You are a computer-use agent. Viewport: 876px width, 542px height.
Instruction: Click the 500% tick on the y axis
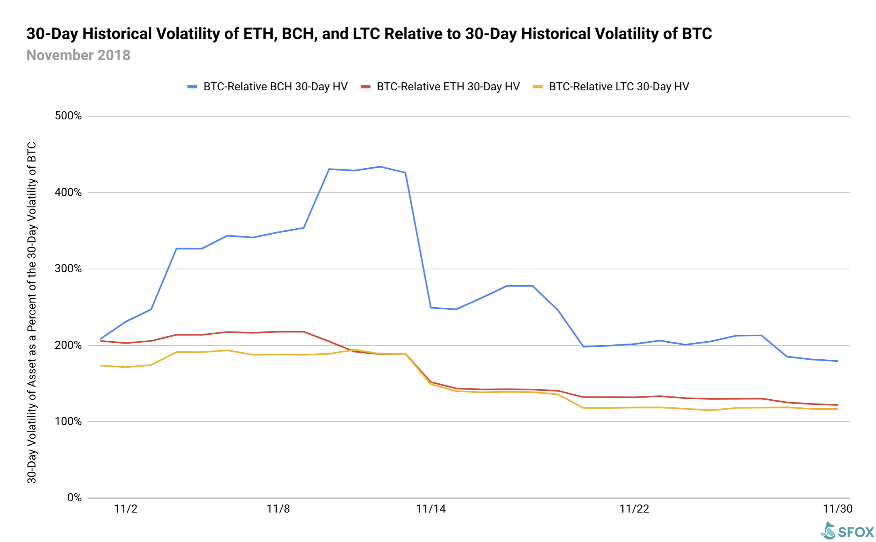[x=68, y=116]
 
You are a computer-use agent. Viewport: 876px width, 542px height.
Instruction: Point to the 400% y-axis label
[x=68, y=192]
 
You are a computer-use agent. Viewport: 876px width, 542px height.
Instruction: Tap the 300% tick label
[x=68, y=269]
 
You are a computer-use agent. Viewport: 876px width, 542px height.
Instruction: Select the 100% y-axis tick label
[x=68, y=421]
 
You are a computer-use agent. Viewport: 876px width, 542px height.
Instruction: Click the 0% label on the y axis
[x=74, y=498]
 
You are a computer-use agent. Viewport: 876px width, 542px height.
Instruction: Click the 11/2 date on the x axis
[x=126, y=509]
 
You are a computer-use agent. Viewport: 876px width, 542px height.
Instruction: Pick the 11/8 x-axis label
[x=278, y=509]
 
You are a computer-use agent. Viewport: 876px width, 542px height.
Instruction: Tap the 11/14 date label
[x=431, y=509]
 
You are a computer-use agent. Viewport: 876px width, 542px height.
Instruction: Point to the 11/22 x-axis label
[x=634, y=509]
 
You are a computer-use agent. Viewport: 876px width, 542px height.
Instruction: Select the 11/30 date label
[x=837, y=509]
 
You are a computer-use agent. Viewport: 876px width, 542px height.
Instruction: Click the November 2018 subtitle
[x=78, y=55]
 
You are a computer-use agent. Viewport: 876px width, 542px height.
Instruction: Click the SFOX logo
[x=847, y=531]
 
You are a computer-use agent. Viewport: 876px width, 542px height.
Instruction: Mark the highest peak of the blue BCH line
[x=380, y=167]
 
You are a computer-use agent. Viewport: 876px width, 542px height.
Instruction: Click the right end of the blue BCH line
[x=837, y=361]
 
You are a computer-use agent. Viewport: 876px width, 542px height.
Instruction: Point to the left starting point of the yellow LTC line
[x=100, y=365]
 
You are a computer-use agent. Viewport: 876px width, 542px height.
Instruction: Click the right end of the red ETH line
[x=837, y=405]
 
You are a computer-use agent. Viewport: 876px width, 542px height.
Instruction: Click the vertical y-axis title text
[x=32, y=313]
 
